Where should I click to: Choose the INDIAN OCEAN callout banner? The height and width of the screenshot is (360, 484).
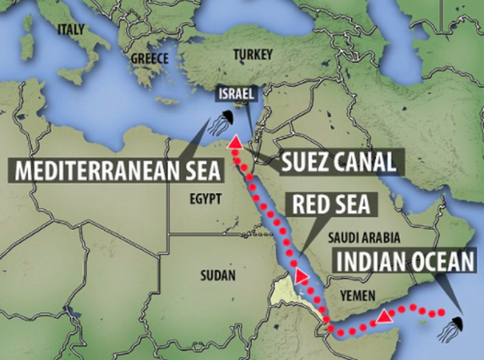(406, 263)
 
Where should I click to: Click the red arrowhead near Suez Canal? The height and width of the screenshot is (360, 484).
(235, 143)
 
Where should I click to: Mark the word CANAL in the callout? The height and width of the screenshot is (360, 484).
(369, 160)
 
